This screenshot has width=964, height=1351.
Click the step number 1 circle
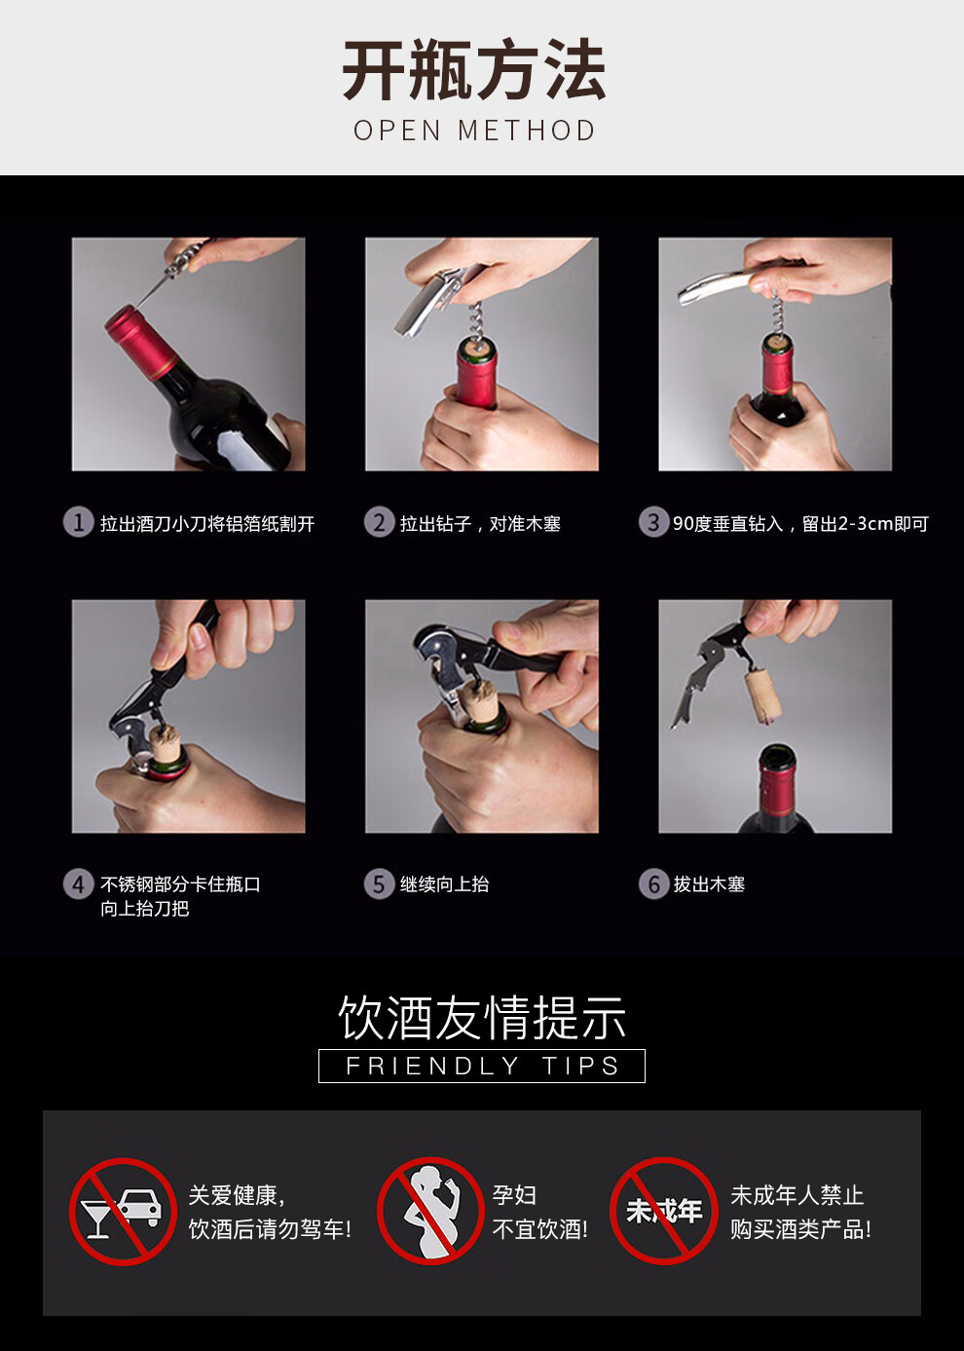[78, 522]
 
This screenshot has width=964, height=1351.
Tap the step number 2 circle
[379, 522]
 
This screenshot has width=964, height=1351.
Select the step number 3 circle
[653, 522]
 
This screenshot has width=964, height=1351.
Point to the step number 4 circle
[78, 884]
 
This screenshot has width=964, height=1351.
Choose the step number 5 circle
[379, 884]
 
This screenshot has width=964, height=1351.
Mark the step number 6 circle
[653, 884]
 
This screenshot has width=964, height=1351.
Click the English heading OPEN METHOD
[474, 131]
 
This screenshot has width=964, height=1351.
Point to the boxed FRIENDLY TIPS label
[482, 1066]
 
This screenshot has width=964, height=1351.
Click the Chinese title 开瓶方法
[474, 69]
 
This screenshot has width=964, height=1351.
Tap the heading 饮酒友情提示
[482, 1018]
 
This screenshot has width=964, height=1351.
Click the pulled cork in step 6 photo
[762, 695]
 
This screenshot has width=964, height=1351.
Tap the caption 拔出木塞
[709, 884]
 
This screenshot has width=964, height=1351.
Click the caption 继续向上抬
[444, 884]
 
